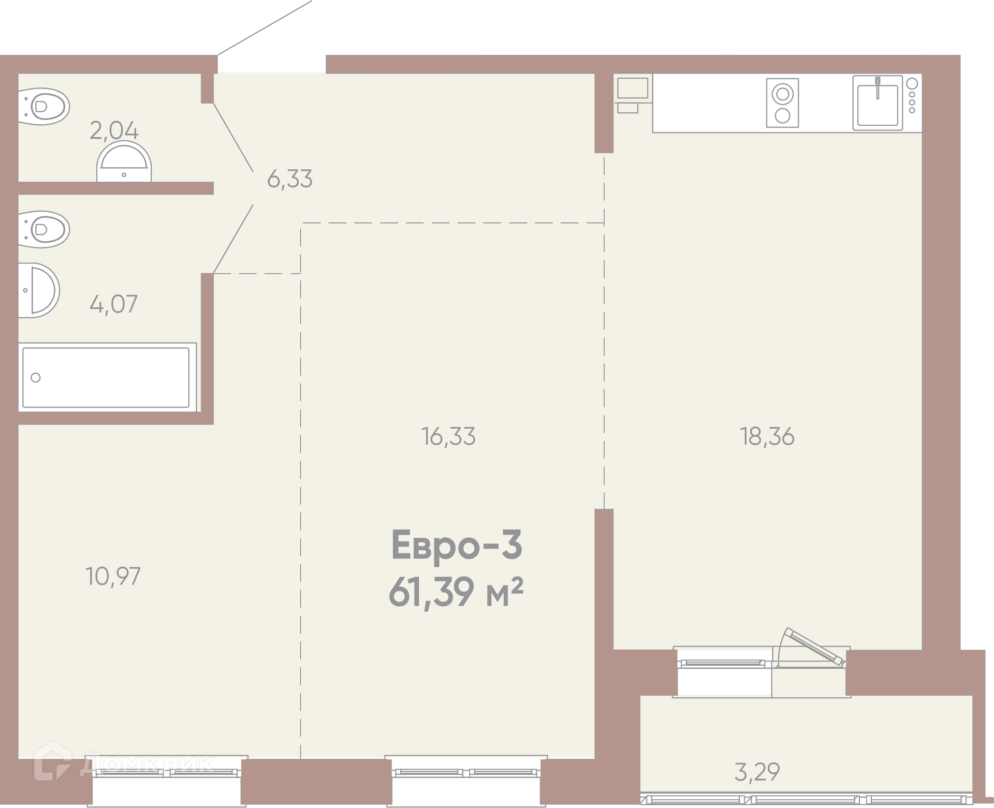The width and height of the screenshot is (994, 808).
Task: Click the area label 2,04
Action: click(114, 130)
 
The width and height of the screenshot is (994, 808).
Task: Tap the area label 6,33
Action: click(289, 179)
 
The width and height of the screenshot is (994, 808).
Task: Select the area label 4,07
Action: click(113, 304)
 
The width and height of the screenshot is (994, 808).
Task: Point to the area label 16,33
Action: click(448, 437)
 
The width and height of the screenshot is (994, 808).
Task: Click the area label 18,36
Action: click(767, 437)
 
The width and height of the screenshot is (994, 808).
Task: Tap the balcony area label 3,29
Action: click(757, 772)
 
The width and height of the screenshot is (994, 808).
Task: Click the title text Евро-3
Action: click(457, 545)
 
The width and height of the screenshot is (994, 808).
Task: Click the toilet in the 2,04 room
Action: click(44, 107)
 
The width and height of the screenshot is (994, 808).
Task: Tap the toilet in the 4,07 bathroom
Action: click(44, 229)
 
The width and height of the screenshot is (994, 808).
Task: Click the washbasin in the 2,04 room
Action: click(124, 161)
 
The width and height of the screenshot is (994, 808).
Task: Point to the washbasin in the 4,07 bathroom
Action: click(39, 290)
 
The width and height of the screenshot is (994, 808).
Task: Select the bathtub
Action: click(107, 377)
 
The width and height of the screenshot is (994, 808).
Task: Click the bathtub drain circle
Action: click(36, 377)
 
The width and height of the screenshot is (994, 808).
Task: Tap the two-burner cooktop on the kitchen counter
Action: click(782, 102)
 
